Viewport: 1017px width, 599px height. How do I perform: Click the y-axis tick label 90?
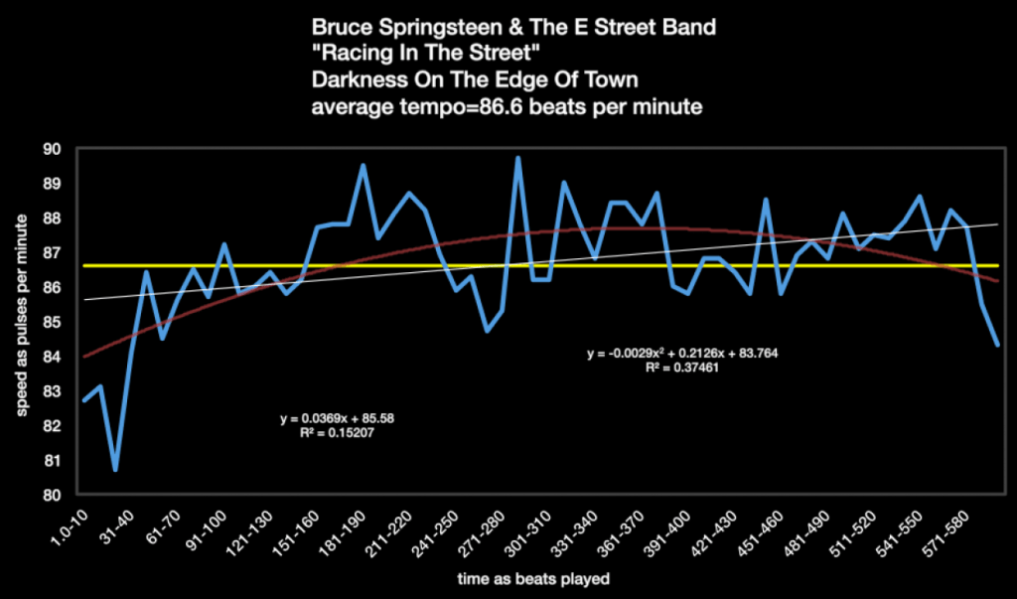click(53, 149)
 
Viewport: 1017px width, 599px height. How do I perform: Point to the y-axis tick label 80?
click(53, 495)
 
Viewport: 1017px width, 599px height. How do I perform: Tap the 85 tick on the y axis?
click(53, 322)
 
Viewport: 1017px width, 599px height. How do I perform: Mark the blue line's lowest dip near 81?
click(115, 469)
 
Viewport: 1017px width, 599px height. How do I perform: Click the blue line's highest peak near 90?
click(517, 158)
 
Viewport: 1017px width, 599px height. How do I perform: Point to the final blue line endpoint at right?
click(996, 345)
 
